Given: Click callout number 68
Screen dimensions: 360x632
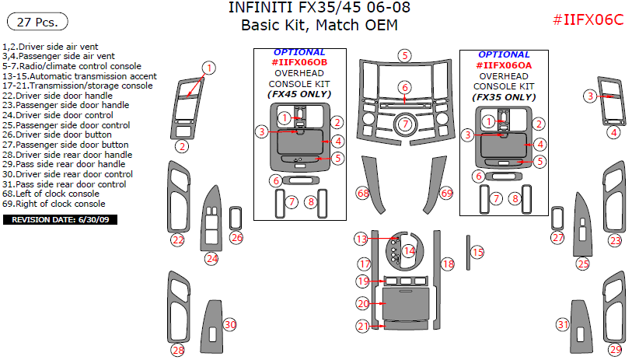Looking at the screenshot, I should tap(362, 192).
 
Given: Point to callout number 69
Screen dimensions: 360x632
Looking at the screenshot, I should tap(445, 192).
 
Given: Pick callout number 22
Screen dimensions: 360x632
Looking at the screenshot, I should tap(178, 240).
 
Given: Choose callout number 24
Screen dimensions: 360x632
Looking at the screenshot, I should tap(211, 258).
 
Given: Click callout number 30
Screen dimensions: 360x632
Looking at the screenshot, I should tap(229, 324).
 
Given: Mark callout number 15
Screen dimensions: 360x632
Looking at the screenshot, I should tap(477, 252).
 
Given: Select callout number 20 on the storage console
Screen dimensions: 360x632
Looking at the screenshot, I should tap(363, 303).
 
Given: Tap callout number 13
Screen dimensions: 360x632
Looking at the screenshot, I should tap(361, 239).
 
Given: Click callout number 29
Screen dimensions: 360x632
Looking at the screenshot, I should tap(615, 350).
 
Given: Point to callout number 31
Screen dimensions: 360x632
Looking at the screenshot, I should tap(563, 324).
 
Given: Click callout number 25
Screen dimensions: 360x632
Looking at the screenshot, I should tap(583, 264).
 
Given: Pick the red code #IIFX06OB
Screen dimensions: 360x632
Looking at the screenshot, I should tap(299, 62).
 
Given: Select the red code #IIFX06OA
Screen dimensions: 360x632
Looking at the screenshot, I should tap(504, 66).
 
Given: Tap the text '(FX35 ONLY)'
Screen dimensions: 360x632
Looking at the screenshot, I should tap(504, 98).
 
